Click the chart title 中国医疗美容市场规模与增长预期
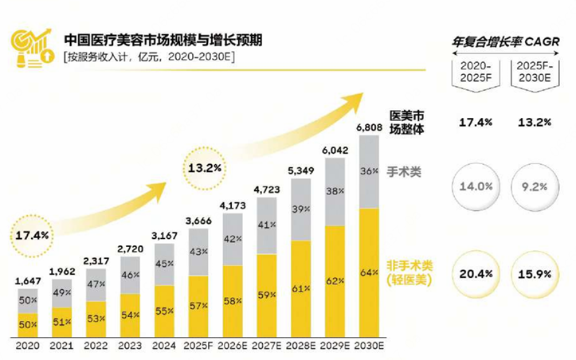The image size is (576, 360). tap(163, 38)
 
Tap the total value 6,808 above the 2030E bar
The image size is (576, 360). tap(368, 127)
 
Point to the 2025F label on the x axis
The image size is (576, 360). tap(197, 346)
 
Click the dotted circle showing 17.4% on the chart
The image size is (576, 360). tap(32, 236)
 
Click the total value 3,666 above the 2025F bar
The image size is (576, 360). tap(197, 221)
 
